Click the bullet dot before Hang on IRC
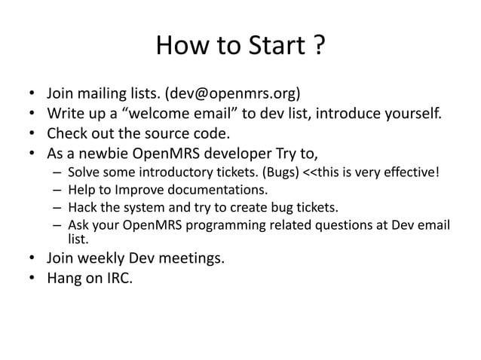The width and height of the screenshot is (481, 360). (32, 279)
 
